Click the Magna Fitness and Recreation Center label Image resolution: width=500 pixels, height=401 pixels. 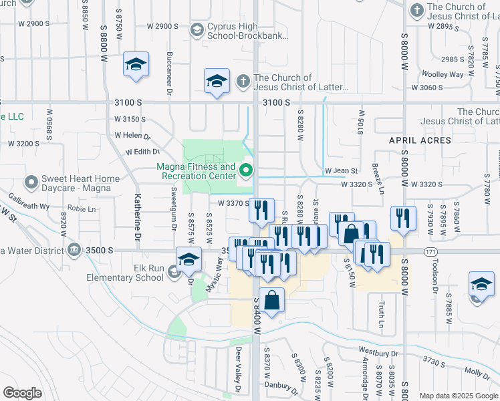(x=197, y=172)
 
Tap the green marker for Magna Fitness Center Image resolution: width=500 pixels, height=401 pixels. (x=247, y=172)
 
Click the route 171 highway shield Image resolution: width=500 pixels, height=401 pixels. (x=432, y=251)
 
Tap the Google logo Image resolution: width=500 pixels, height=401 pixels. (x=23, y=393)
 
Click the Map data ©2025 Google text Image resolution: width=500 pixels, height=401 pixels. (x=459, y=396)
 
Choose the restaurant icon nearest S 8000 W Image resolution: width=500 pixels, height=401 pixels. (x=403, y=219)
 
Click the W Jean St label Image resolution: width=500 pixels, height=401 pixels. (x=342, y=171)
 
